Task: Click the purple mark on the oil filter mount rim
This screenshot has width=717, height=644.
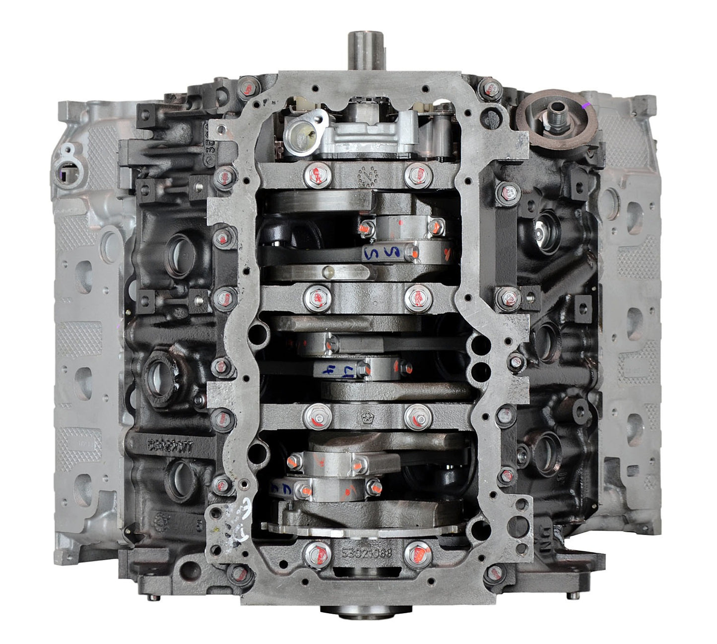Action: (x=587, y=105)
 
